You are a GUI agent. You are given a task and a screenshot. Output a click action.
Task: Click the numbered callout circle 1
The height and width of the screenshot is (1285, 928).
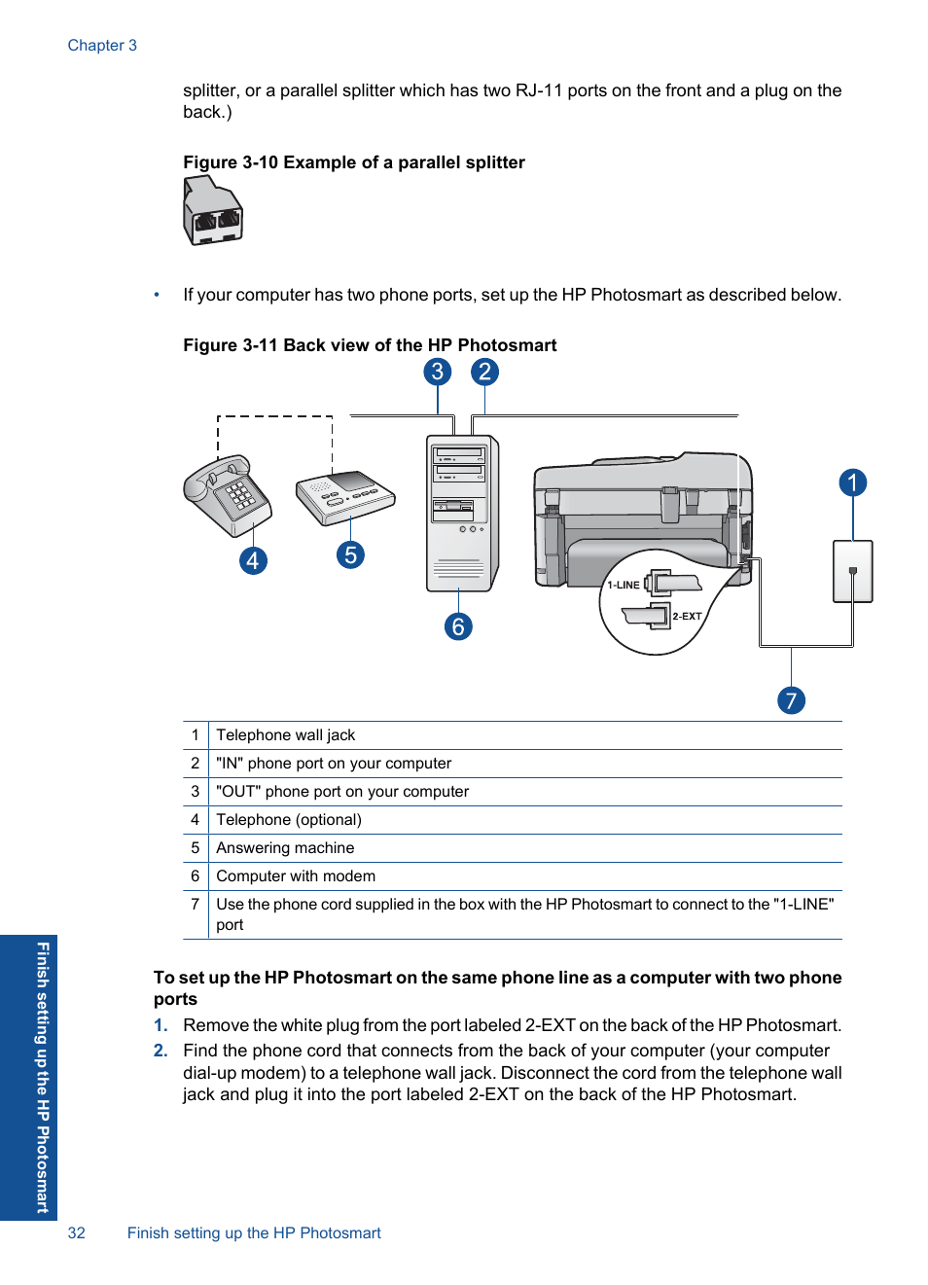[x=852, y=482]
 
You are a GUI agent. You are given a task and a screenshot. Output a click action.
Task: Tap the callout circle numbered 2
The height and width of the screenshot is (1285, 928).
[x=484, y=372]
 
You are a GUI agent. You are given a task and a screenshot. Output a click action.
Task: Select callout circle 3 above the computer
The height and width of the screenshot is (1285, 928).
[x=438, y=372]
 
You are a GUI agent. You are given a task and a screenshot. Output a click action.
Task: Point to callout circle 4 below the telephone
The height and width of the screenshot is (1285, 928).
[x=253, y=560]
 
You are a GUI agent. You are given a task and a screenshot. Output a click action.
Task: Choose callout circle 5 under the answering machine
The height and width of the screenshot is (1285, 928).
[x=350, y=554]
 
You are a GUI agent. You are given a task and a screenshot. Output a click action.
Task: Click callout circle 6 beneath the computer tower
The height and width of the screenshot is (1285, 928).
[x=458, y=626]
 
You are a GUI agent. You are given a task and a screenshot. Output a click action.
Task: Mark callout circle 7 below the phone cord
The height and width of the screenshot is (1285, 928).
[x=791, y=700]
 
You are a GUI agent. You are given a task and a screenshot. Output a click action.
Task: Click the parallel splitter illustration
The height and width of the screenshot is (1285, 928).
[x=212, y=211]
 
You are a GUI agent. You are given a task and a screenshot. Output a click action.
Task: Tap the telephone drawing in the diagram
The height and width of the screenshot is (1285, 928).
[x=227, y=494]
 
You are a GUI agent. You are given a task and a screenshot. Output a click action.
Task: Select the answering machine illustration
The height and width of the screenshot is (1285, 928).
[x=345, y=496]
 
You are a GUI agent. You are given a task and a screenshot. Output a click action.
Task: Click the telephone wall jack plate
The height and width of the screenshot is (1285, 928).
[x=852, y=572]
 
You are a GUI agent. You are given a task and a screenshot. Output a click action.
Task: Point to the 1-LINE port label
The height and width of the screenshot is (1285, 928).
[x=624, y=586]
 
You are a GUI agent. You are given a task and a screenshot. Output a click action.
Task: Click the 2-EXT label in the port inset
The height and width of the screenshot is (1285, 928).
[x=687, y=617]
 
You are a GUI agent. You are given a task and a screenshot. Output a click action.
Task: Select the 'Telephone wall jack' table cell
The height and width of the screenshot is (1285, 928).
[x=285, y=735]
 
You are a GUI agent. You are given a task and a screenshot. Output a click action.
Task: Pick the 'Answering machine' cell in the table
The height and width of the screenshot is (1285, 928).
[x=285, y=848]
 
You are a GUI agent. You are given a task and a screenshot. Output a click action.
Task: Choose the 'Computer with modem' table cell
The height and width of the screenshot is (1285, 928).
[x=296, y=876]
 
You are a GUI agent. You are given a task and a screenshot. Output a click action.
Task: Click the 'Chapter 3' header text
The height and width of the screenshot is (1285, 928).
[x=102, y=46]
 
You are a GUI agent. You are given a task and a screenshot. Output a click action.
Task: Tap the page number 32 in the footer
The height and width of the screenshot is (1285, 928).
[x=77, y=1233]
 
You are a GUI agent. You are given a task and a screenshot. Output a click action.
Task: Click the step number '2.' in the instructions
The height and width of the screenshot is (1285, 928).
[x=161, y=1051]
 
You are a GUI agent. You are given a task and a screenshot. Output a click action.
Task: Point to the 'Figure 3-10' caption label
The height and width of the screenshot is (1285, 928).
[x=230, y=162]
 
